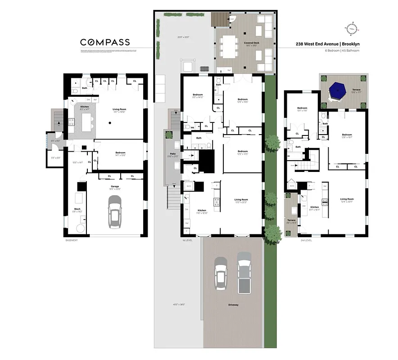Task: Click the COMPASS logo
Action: pyautogui.click(x=105, y=42)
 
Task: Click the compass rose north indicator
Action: pyautogui.click(x=352, y=28)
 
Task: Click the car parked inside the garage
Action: pyautogui.click(x=115, y=212)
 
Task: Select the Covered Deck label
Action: pyautogui.click(x=251, y=43)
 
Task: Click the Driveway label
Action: pyautogui.click(x=233, y=306)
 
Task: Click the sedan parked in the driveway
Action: pyautogui.click(x=221, y=273)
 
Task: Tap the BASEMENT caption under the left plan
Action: pyautogui.click(x=72, y=240)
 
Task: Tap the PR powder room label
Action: pyautogui.click(x=192, y=128)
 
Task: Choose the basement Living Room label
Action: pyautogui.click(x=119, y=109)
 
